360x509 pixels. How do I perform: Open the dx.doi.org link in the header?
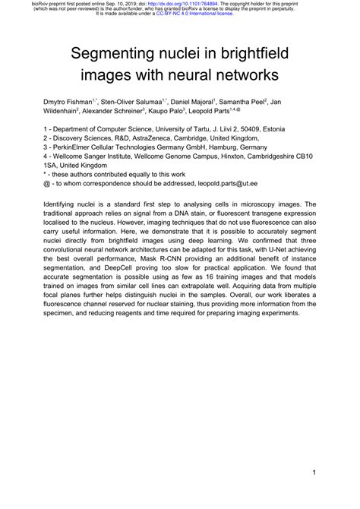[191, 4]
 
